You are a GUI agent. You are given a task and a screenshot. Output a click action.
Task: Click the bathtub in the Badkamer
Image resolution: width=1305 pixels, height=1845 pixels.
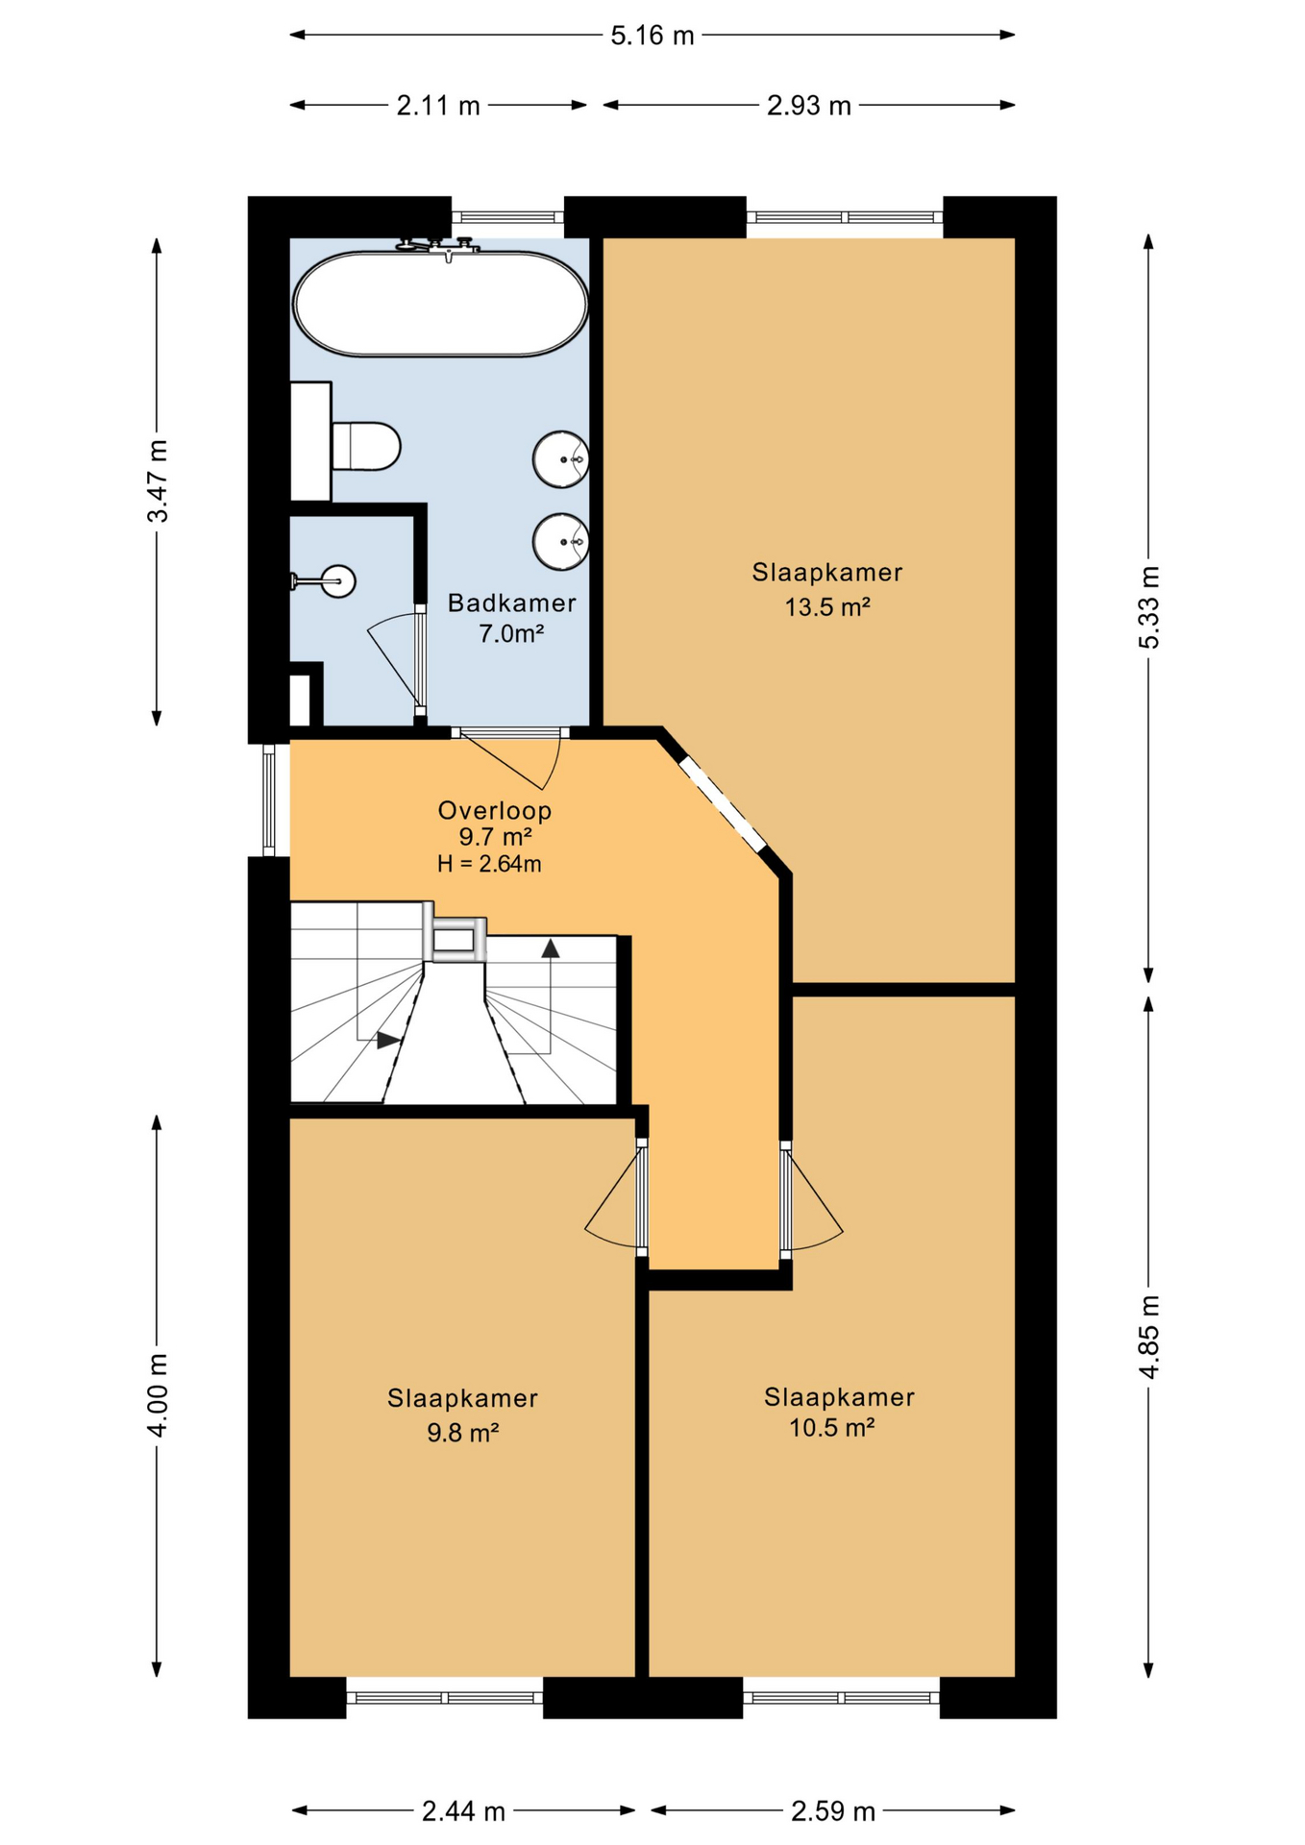coord(440,304)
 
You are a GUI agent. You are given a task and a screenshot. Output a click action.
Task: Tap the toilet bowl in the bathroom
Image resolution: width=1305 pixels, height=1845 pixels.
coord(365,446)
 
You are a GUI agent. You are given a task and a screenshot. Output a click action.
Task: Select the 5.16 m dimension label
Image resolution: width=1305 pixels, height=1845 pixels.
coord(652,36)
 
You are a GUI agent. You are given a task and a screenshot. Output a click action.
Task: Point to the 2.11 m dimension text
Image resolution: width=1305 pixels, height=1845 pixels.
coord(438,105)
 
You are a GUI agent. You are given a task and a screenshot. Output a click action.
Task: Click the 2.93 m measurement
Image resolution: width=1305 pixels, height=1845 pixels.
coord(809,105)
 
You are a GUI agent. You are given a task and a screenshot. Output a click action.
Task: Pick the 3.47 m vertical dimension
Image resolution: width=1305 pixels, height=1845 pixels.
coord(158,480)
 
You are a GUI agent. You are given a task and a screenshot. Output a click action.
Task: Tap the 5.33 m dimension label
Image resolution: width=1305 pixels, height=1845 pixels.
coord(1149,607)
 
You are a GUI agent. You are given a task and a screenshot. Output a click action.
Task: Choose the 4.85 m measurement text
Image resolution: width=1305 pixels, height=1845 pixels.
coord(1149,1337)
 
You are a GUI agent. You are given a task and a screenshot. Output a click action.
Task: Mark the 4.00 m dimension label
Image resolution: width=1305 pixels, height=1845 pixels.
coord(158,1394)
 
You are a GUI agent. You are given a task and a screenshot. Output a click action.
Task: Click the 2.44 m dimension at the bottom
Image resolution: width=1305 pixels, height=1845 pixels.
coord(464,1811)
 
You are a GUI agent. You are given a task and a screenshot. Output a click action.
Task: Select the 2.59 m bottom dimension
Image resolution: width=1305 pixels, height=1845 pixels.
coord(833,1811)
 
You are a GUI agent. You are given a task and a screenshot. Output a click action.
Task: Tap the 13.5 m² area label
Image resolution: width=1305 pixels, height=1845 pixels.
coord(827,607)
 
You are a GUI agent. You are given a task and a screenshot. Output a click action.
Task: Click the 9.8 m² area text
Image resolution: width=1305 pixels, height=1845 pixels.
coord(462,1433)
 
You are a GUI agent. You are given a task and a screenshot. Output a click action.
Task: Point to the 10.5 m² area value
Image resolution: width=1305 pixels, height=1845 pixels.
coord(831,1427)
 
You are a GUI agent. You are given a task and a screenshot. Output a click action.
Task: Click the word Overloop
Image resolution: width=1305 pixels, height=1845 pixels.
coord(495,810)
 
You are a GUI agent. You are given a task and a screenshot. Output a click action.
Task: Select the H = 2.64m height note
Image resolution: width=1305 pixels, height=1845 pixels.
coord(489,864)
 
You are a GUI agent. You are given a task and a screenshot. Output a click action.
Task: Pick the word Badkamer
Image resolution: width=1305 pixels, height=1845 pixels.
coord(512,603)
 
